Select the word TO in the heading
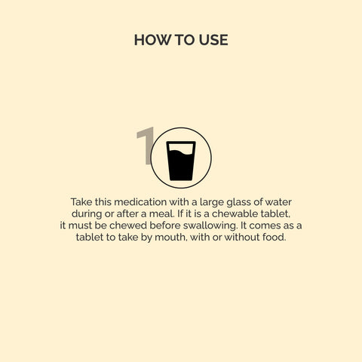(185, 40)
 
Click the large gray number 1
(146, 146)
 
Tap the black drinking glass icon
(181, 161)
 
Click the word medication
(140, 202)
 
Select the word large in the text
(211, 203)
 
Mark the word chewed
(128, 225)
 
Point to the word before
(165, 225)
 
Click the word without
(242, 237)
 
